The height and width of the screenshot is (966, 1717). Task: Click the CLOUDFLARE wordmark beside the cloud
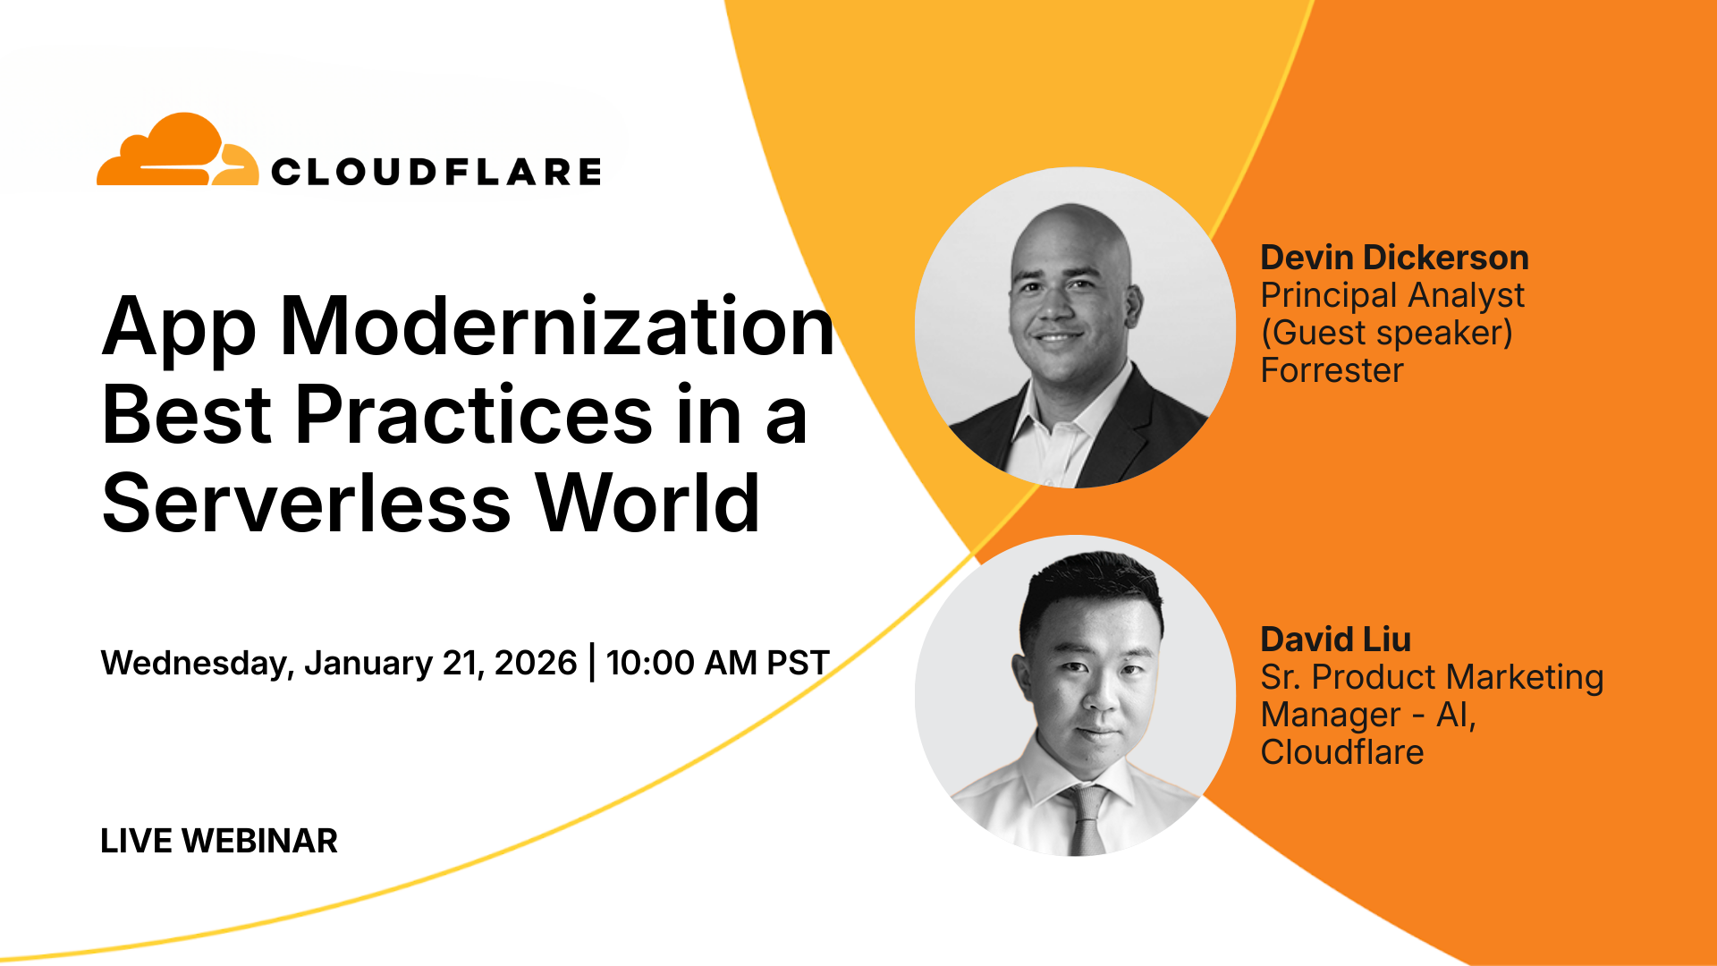click(x=436, y=172)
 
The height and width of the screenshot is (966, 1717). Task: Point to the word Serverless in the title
click(x=307, y=503)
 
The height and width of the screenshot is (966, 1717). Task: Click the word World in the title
click(x=648, y=503)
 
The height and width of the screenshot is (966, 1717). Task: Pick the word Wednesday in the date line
click(x=197, y=664)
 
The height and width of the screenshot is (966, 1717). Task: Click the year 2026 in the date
click(x=536, y=663)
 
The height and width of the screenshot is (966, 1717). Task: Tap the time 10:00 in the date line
click(x=650, y=663)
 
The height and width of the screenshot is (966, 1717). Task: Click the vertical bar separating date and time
click(x=592, y=663)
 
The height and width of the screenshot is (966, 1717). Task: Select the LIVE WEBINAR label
click(x=219, y=841)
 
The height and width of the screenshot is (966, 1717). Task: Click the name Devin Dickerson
click(x=1394, y=258)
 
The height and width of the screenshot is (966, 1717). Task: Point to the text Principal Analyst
click(x=1392, y=296)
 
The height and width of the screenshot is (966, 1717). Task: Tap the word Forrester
click(x=1332, y=370)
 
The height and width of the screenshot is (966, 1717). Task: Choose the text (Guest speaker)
click(x=1386, y=333)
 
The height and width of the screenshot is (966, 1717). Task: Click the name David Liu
click(x=1335, y=640)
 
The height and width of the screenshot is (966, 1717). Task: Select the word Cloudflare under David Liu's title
click(x=1341, y=752)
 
